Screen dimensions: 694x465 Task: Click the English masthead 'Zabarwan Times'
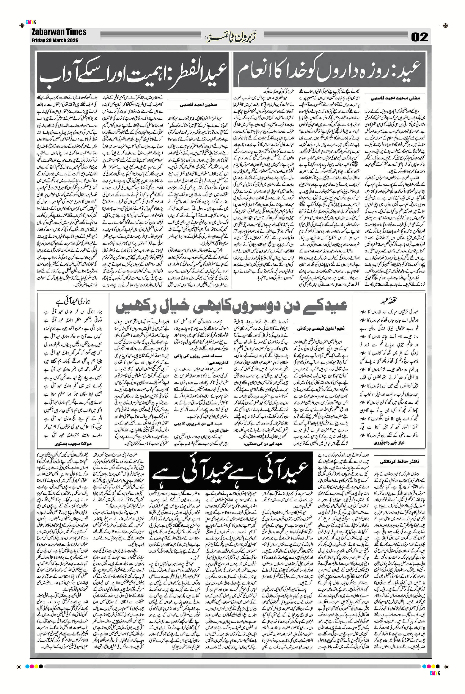coord(59,32)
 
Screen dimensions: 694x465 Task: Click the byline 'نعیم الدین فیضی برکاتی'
coord(316,329)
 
